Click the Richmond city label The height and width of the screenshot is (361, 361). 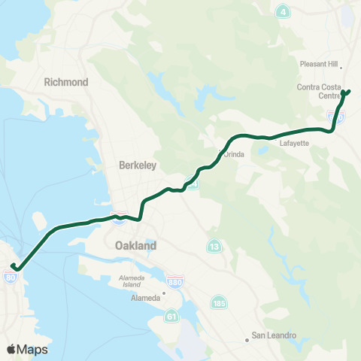click(x=67, y=82)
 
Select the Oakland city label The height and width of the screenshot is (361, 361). click(x=136, y=246)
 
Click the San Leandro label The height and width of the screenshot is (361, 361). click(x=274, y=335)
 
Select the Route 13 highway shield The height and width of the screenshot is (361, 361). click(x=215, y=247)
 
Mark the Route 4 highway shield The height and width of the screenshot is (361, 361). click(x=283, y=11)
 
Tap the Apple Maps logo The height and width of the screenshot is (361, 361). click(x=27, y=349)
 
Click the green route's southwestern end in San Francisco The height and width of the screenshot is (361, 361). click(x=13, y=267)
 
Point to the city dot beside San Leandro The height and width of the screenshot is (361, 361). click(x=247, y=340)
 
